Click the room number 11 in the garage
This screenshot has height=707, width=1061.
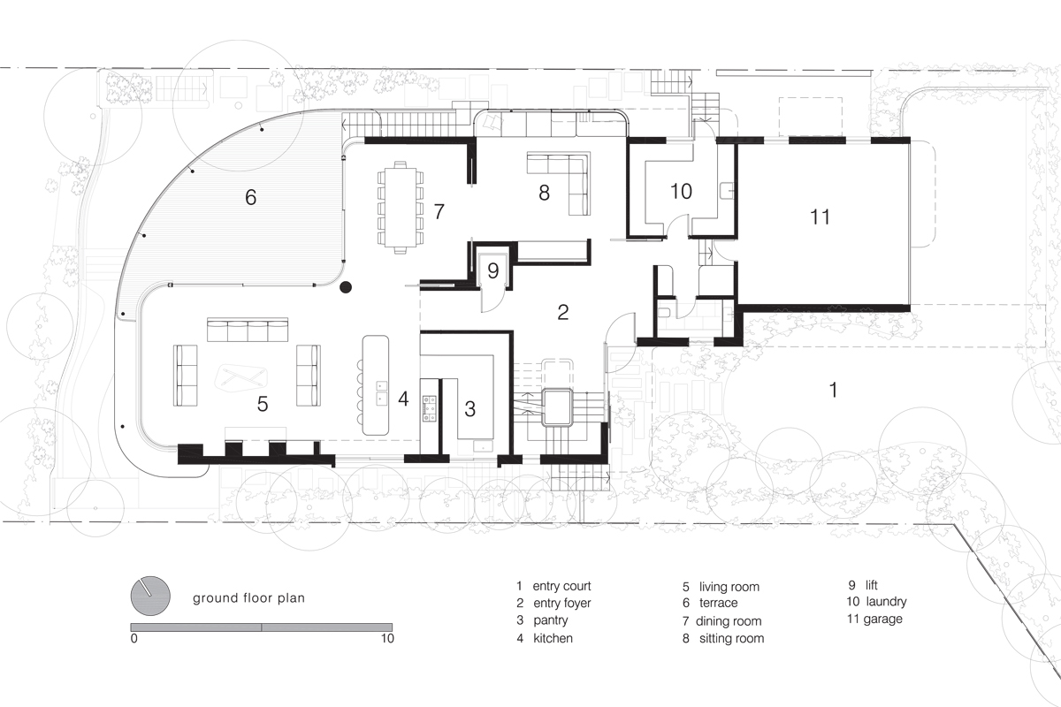820,217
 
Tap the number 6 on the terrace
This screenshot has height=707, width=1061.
250,197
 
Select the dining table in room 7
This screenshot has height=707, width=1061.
401,208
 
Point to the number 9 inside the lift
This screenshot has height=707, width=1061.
493,270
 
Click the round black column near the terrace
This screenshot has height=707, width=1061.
346,287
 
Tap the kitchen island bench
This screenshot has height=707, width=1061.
376,385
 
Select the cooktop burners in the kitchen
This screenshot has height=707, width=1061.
430,408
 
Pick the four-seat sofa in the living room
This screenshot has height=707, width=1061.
248,330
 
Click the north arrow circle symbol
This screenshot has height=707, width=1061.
150,596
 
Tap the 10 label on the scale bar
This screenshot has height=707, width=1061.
387,638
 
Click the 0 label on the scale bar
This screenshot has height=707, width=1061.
134,638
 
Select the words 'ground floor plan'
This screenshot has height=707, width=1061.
248,598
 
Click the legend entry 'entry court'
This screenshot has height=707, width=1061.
561,586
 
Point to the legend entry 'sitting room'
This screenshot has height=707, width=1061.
731,638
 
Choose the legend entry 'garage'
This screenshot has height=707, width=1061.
883,619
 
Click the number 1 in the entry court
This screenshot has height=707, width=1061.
833,391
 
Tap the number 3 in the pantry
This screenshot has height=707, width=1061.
469,409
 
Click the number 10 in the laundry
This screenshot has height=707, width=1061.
681,191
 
